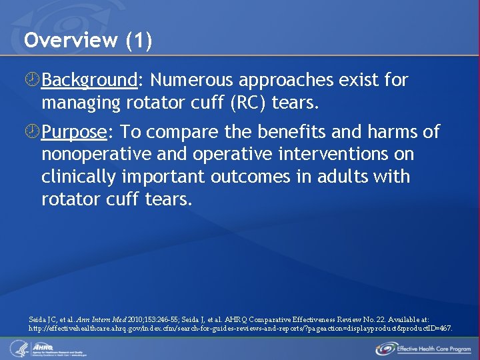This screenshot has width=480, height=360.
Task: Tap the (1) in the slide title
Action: point(139,41)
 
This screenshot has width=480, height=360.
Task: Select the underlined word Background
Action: point(89,81)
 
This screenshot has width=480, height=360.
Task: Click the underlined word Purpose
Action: point(74,132)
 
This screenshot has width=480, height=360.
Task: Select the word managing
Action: point(76,103)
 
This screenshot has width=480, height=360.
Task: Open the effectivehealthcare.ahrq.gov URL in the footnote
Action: point(240,328)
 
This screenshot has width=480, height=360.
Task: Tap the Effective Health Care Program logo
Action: point(423,348)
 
